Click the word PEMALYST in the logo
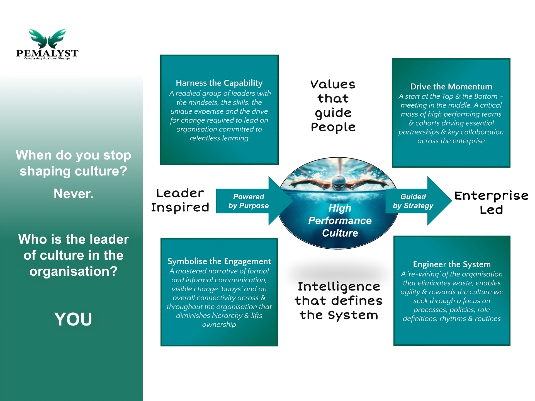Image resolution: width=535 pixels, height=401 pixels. click(x=47, y=53)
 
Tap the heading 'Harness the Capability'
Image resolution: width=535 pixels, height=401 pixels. click(x=219, y=83)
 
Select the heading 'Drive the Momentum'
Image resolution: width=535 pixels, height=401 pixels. click(x=451, y=87)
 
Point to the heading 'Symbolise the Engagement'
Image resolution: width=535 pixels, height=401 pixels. click(x=219, y=261)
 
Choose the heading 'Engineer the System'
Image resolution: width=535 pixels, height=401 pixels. click(x=452, y=264)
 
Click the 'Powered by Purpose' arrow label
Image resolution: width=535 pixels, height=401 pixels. click(x=249, y=201)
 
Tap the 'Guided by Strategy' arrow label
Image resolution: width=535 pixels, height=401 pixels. click(x=413, y=201)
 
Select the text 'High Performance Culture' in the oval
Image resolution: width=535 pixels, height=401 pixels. click(x=340, y=221)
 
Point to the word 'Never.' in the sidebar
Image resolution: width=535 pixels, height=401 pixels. click(x=74, y=194)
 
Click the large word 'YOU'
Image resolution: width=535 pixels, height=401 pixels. click(x=73, y=319)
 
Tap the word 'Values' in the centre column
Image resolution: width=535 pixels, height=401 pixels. click(x=333, y=84)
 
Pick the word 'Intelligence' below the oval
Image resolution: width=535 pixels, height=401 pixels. click(x=339, y=287)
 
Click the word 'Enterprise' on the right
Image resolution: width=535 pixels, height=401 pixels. click(x=492, y=196)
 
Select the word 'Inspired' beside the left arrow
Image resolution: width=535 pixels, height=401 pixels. click(x=180, y=207)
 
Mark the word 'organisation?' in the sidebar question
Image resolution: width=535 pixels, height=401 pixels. click(x=74, y=271)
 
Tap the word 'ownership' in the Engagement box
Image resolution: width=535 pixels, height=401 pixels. click(x=219, y=325)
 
